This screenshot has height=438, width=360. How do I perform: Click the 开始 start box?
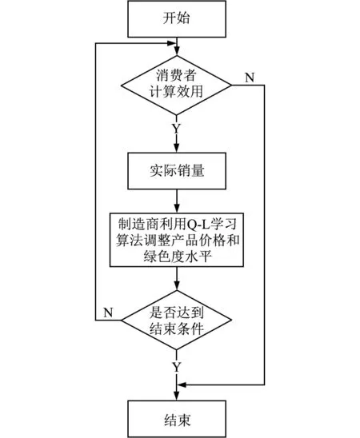point(177,19)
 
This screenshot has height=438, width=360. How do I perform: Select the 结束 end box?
point(177,419)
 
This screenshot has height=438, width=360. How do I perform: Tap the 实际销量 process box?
point(177,171)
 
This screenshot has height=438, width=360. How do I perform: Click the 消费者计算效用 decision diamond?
point(176,86)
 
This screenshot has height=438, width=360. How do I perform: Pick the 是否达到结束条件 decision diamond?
point(176,321)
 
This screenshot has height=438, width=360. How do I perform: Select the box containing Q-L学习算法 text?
point(177,240)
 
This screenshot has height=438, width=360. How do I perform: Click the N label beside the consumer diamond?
point(250,78)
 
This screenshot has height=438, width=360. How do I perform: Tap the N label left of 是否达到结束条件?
point(108,313)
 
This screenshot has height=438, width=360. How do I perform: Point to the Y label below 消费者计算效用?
point(176,129)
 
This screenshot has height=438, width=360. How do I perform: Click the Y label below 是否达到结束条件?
point(176,367)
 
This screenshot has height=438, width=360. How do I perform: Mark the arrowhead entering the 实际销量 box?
point(177,149)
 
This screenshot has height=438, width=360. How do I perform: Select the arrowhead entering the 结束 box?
point(177,396)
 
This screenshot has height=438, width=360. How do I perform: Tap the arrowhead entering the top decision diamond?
point(177,52)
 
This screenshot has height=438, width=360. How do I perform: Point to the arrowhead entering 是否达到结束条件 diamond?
point(177,287)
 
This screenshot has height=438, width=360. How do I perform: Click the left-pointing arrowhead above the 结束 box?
point(181,384)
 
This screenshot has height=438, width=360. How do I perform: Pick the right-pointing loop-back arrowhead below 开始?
point(172,43)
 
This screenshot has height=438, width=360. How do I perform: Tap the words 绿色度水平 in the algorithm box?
point(178,256)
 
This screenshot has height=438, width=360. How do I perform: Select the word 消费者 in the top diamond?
point(176,75)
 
